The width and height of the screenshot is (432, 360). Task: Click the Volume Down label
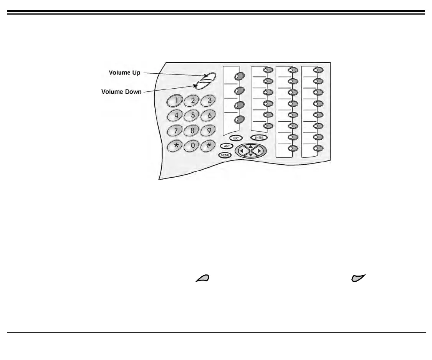pyautogui.click(x=121, y=92)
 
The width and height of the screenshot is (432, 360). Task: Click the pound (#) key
pyautogui.click(x=209, y=146)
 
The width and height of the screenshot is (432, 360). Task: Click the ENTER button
pyautogui.click(x=259, y=137)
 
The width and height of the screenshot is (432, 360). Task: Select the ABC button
pyautogui.click(x=226, y=146)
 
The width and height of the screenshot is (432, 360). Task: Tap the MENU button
pyautogui.click(x=225, y=155)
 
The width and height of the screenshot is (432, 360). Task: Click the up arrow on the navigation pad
pyautogui.click(x=250, y=146)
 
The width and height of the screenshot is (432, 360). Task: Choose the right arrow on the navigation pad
pyautogui.click(x=260, y=151)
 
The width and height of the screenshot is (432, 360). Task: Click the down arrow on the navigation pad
pyautogui.click(x=250, y=155)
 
